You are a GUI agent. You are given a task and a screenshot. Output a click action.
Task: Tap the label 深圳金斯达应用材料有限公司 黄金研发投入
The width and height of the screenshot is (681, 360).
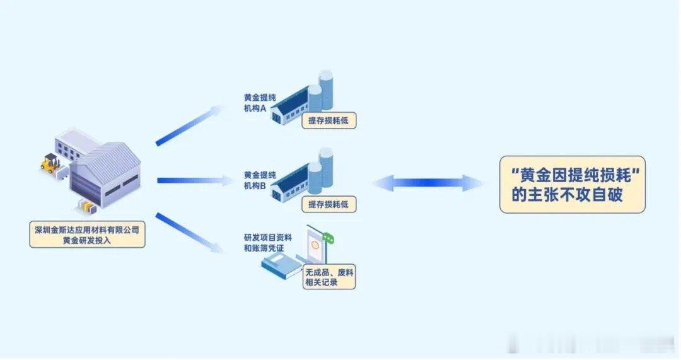(87, 235)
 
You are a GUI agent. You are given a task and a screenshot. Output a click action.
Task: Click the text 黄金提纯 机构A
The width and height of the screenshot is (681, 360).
(260, 103)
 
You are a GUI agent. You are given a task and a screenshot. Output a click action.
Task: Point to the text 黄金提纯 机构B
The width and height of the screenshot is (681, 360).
(260, 180)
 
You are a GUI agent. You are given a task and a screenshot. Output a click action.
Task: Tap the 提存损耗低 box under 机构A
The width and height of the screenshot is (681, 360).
(329, 120)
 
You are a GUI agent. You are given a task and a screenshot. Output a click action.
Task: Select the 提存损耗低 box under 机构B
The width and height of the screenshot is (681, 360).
(329, 204)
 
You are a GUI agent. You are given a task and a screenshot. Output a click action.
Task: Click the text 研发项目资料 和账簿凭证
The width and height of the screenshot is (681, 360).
(267, 243)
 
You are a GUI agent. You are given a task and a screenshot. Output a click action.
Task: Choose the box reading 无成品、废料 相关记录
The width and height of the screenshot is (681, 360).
(329, 277)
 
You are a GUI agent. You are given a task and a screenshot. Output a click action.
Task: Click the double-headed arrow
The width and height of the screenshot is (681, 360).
(428, 183)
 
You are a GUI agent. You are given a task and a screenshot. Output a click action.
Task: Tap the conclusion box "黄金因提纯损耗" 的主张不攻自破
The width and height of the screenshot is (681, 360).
(573, 185)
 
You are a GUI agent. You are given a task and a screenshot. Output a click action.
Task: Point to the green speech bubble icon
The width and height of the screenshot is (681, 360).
(329, 238)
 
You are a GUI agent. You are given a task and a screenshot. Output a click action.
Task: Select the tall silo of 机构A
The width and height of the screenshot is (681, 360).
(326, 89)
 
